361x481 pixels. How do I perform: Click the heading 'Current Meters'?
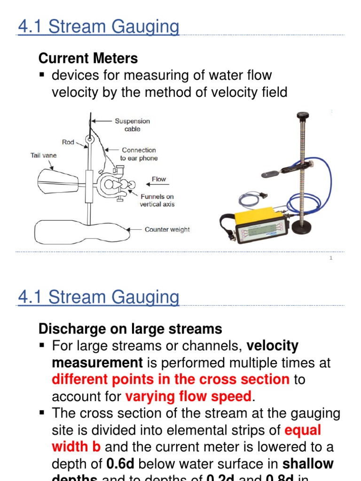(88, 58)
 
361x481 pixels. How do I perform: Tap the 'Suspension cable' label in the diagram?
(132, 125)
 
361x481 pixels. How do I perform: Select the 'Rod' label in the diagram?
(68, 142)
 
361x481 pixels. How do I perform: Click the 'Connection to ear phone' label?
(139, 154)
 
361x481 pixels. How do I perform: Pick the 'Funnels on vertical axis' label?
(157, 201)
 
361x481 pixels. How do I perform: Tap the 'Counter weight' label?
(167, 230)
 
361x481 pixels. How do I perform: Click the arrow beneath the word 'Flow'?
(158, 186)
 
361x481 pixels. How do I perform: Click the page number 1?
(331, 258)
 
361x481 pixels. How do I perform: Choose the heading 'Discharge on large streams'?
(130, 328)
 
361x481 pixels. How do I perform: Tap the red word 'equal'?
(303, 430)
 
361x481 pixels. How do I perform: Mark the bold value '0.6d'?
(121, 464)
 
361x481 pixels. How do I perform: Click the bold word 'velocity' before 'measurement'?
(273, 346)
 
